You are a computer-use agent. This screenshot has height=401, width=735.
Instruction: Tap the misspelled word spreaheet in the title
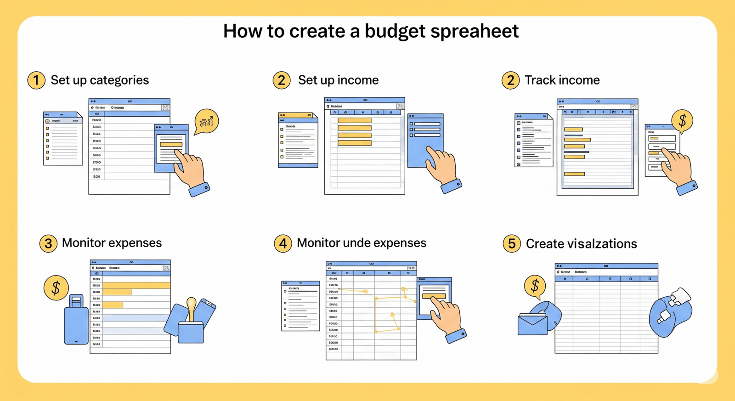(475, 31)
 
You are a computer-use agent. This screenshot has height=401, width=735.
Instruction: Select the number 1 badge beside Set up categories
(36, 80)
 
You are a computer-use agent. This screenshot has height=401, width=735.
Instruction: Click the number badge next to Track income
(510, 80)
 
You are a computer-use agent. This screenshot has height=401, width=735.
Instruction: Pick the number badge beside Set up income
(282, 80)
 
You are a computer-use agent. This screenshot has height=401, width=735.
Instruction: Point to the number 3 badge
(48, 243)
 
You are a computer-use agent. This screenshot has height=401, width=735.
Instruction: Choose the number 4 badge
(283, 243)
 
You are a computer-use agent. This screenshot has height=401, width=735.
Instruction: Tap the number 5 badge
(511, 244)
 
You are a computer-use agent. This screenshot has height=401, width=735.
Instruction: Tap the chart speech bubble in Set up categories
(206, 121)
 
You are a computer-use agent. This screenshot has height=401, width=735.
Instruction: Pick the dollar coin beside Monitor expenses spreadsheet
(56, 288)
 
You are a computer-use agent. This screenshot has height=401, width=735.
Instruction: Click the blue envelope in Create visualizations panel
(533, 323)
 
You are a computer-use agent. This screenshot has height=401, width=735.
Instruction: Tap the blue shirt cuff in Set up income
(452, 186)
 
